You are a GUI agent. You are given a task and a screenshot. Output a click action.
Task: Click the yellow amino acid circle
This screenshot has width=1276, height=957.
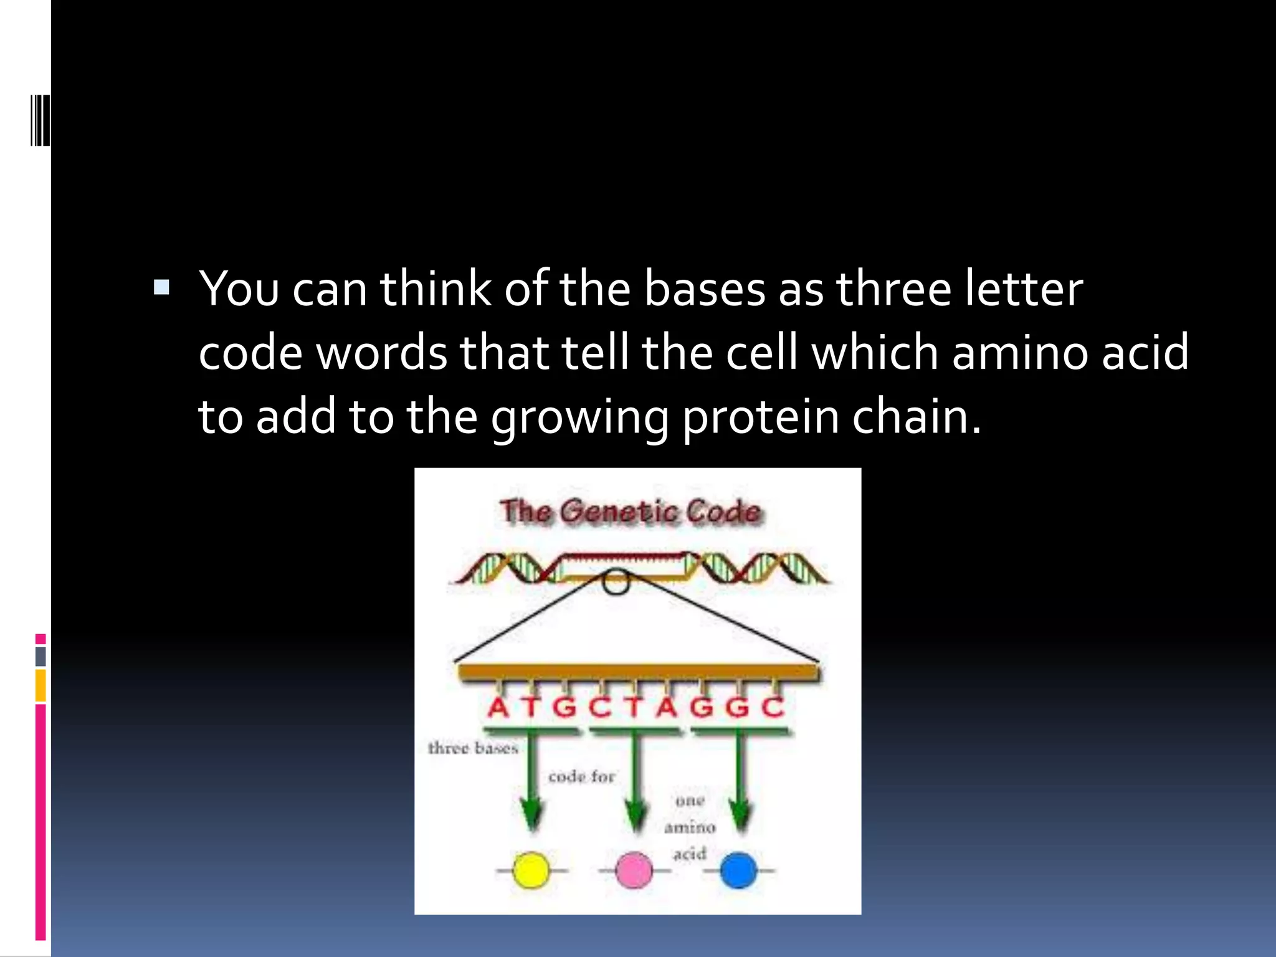[531, 870]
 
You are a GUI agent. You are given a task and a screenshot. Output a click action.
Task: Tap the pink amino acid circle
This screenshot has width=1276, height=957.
[634, 870]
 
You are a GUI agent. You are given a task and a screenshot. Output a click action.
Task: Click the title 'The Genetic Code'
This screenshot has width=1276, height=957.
[631, 512]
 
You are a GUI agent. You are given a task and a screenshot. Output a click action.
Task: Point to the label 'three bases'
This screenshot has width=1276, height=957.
[473, 748]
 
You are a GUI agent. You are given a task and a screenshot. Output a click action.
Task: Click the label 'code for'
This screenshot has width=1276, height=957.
[581, 777]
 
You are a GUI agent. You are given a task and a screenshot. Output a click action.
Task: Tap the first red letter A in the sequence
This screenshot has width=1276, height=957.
[498, 708]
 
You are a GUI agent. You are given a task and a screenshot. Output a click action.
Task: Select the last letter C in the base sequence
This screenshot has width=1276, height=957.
[773, 708]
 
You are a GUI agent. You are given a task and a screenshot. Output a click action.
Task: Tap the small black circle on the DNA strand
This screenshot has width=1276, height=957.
[616, 582]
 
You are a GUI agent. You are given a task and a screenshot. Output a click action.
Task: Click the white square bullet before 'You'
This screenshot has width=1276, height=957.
[161, 287]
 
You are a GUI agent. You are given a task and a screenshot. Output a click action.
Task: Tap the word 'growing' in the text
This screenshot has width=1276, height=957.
[579, 417]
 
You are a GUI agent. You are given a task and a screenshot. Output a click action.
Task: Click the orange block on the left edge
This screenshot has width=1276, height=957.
[40, 685]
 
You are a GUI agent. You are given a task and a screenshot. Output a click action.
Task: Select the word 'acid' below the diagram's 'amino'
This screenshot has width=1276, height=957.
[690, 854]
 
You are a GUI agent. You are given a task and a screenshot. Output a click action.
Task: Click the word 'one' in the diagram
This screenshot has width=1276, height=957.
[690, 801]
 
